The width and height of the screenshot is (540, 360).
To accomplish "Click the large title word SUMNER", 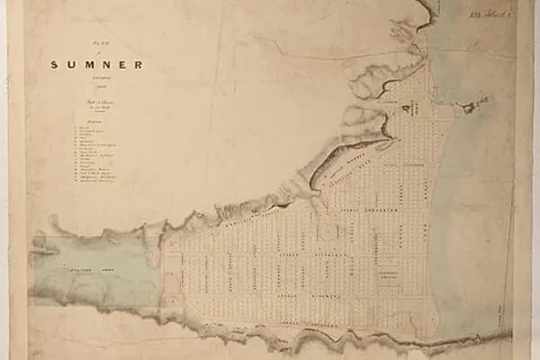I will [x=96, y=65].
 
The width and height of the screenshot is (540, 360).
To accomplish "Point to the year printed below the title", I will [x=96, y=87].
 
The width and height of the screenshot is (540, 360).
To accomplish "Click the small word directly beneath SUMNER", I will [x=96, y=78].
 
